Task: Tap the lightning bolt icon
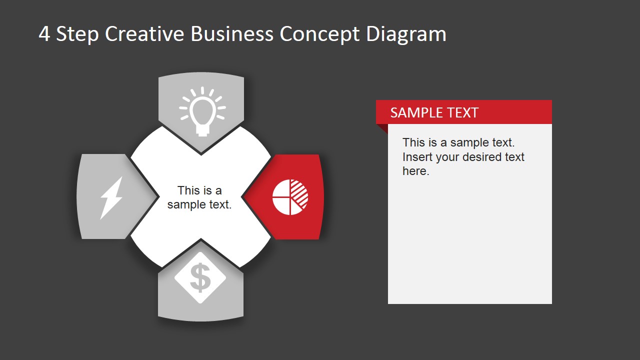pos(111,197)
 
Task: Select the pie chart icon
pos(290,197)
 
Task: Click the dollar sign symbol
pos(200,278)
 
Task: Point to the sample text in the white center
pos(199,197)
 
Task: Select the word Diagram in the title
pos(406,34)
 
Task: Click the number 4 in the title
pos(44,34)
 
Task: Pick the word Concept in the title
pos(319,34)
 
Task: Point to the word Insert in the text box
pos(417,157)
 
